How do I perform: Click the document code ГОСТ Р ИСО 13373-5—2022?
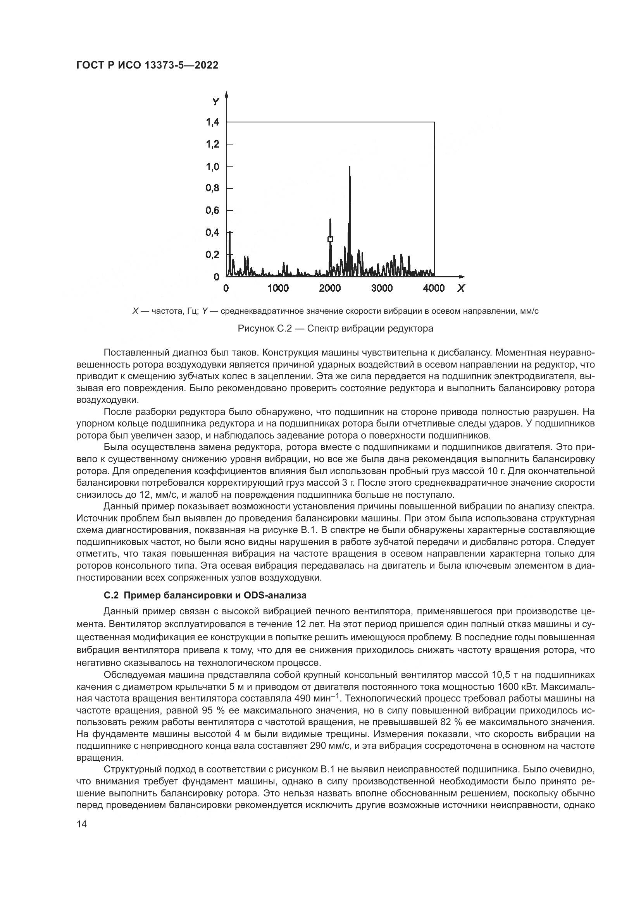(147, 65)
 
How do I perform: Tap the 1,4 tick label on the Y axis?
(212, 122)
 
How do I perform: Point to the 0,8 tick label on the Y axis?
(212, 188)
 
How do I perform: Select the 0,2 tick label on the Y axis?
(212, 254)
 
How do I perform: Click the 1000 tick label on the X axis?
(278, 289)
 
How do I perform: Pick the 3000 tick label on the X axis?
(382, 289)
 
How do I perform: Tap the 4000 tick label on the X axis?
(434, 289)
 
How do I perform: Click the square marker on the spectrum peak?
(330, 239)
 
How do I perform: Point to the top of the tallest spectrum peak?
(349, 167)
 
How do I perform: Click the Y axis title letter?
(215, 102)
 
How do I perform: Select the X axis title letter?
(461, 289)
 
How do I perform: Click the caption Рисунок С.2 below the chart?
(335, 328)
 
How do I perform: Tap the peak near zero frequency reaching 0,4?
(229, 233)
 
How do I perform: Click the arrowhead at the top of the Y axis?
(226, 95)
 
